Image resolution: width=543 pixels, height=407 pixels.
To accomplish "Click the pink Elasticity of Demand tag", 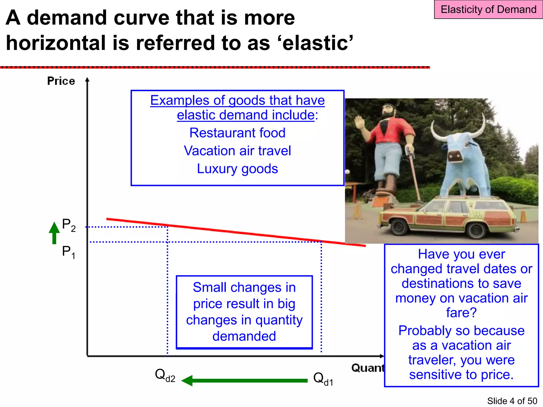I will coord(488,10).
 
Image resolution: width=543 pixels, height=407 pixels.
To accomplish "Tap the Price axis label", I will coord(61,81).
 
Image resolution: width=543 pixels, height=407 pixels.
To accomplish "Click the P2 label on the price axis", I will coord(68,225).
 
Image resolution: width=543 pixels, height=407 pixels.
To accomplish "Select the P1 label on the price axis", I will coord(68,252).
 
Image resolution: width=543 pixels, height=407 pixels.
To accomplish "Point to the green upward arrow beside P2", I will coord(54,233).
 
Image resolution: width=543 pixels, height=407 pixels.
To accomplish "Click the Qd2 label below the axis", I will coord(165,375).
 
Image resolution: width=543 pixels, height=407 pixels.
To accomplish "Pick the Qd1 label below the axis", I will coord(323,379).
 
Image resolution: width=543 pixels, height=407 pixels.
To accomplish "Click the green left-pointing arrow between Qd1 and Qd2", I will coord(244,381).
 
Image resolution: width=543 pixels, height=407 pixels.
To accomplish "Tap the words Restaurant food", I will coord(237,133).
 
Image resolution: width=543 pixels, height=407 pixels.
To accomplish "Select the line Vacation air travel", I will coord(237,151).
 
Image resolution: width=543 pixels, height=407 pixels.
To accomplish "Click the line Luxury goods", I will coord(237,169).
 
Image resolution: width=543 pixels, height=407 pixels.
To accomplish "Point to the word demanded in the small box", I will coord(244,336).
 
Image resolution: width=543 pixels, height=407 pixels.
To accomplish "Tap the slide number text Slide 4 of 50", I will coord(512,401).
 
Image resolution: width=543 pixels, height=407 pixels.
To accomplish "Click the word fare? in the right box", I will coord(461,312).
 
